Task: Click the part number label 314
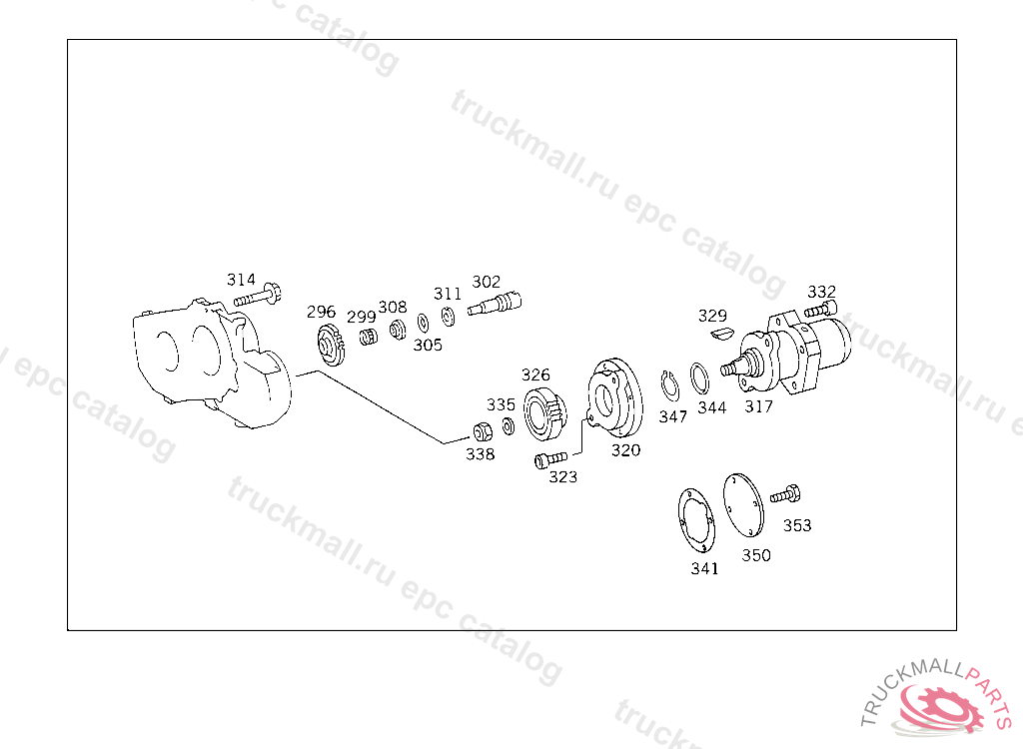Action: click(x=241, y=280)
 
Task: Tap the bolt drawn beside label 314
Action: click(x=258, y=296)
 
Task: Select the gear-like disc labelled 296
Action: click(x=331, y=344)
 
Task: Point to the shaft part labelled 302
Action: click(x=495, y=304)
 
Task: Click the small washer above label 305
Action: click(x=423, y=323)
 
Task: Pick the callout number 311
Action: click(x=448, y=294)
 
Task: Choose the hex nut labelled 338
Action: click(x=483, y=431)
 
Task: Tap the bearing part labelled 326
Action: click(x=544, y=413)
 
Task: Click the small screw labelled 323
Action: click(x=550, y=460)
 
